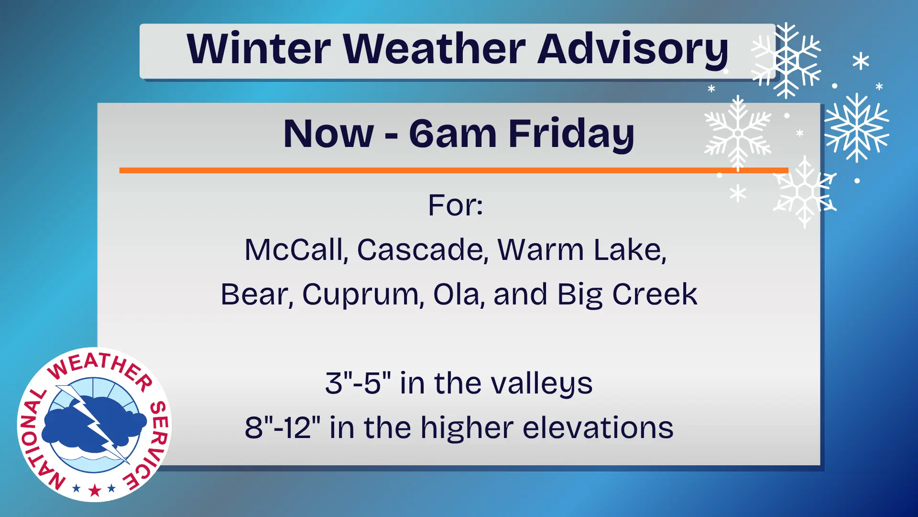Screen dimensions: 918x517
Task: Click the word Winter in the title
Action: click(x=259, y=49)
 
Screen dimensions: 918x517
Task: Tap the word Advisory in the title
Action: click(x=633, y=51)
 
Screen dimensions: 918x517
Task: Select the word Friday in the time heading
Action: click(x=571, y=135)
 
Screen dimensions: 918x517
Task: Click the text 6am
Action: click(x=452, y=135)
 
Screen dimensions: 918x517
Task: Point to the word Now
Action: click(x=328, y=135)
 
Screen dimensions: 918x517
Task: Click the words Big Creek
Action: click(x=627, y=295)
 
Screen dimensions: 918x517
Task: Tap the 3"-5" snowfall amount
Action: click(x=358, y=383)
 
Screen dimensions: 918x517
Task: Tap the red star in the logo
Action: click(x=95, y=490)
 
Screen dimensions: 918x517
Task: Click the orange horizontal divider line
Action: click(x=454, y=170)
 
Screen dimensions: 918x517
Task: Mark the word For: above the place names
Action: click(x=455, y=205)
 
